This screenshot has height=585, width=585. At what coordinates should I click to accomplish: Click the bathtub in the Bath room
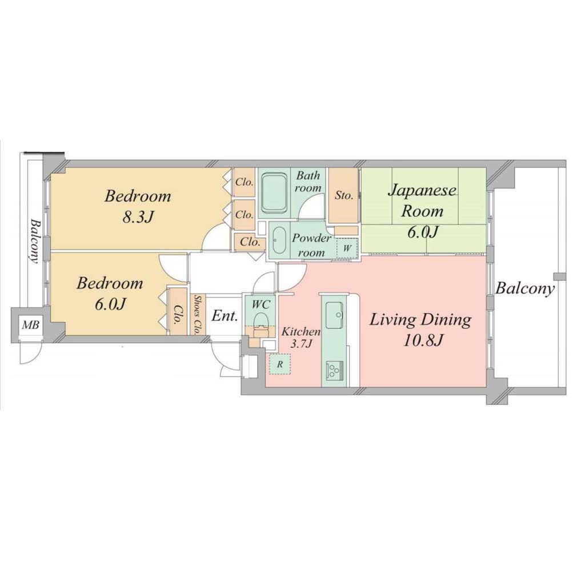pos(274,193)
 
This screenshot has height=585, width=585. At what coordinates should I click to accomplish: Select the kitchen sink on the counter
pos(334,315)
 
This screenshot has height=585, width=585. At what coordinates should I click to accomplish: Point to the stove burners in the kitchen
pos(333,370)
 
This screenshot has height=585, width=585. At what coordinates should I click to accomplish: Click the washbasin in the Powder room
pos(278,241)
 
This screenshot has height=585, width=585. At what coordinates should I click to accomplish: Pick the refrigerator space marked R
pos(280,364)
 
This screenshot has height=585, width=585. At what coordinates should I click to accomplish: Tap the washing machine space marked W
pos(347,248)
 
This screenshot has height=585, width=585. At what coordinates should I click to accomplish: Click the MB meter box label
pos(30,325)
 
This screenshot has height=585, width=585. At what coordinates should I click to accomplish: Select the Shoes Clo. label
pos(197,315)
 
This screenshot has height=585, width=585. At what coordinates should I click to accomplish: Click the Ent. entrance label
pos(225,316)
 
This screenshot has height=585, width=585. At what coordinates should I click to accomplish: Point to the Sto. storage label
pos(343,195)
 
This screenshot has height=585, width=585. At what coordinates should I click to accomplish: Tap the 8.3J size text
pos(138,217)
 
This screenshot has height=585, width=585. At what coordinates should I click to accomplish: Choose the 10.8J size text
pos(422,340)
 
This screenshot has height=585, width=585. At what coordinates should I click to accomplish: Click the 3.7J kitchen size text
pos(302,344)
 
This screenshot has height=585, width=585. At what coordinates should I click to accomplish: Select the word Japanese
pos(422,191)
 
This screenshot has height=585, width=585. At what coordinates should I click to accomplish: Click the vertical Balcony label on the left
pos(35,241)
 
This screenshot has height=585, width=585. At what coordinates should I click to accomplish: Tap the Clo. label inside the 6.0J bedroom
pos(178,315)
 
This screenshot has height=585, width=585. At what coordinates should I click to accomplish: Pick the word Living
pos(392,320)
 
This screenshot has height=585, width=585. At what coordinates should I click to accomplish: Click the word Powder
pos(311,238)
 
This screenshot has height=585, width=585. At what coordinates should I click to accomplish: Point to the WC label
pos(261,304)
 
